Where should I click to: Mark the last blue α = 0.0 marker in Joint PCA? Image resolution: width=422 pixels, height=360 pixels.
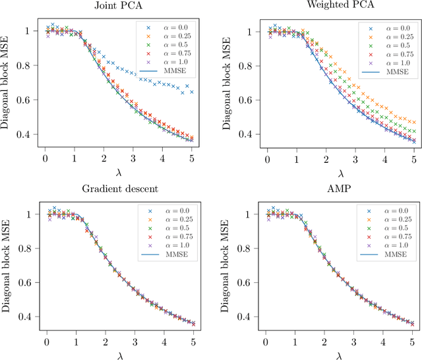pos(192,92)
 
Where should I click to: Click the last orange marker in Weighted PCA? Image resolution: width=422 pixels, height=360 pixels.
pos(413,122)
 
